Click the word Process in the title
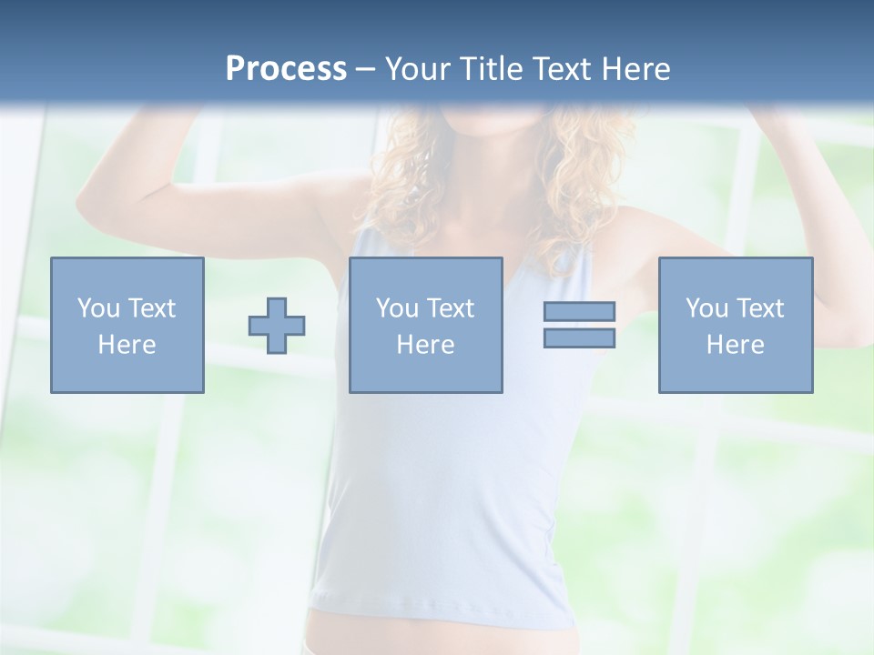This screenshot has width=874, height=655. [286, 69]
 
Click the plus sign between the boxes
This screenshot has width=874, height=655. [277, 325]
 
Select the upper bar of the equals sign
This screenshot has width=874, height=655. [579, 311]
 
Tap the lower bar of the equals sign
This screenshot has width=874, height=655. [579, 338]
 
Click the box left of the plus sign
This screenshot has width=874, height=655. [127, 325]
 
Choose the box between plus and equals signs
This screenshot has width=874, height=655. [425, 325]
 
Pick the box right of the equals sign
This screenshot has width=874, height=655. [735, 325]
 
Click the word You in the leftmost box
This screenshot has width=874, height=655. [98, 308]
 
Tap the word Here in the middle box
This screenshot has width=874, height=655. [425, 345]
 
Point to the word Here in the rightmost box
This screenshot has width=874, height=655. [735, 345]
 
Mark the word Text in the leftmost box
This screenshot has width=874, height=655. [151, 308]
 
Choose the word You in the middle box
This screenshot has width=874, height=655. [397, 308]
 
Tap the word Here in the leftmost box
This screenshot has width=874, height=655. [127, 345]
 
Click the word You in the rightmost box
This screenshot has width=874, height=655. [706, 308]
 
